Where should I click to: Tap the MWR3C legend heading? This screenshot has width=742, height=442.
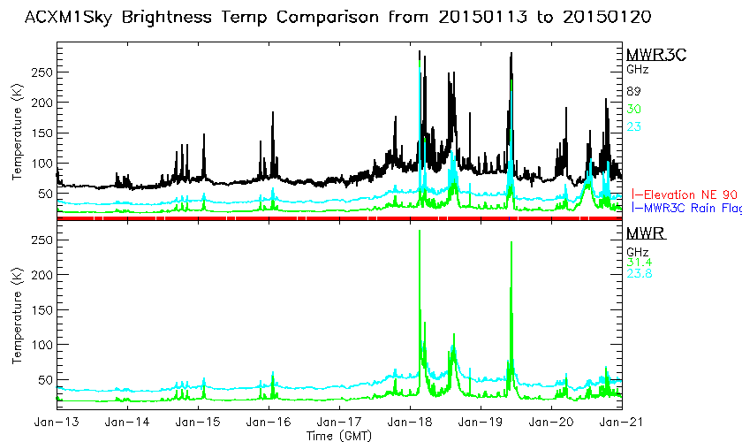pyautogui.click(x=650, y=54)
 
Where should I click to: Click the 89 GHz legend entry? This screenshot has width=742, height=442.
pyautogui.click(x=633, y=91)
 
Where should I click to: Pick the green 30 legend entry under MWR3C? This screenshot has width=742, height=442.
pyautogui.click(x=633, y=109)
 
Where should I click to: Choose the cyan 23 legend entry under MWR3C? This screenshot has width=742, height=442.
pyautogui.click(x=633, y=126)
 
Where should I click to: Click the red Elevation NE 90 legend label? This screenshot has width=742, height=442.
pyautogui.click(x=689, y=194)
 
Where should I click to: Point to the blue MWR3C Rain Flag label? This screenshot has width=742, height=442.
pyautogui.click(x=689, y=209)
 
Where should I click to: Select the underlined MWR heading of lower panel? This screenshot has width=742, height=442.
pyautogui.click(x=645, y=234)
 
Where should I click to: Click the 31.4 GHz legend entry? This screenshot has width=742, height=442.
pyautogui.click(x=638, y=261)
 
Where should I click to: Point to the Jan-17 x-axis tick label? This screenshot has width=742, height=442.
pyautogui.click(x=338, y=422)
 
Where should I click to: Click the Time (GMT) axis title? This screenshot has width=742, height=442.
pyautogui.click(x=339, y=435)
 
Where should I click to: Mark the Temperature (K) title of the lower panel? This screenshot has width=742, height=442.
pyautogui.click(x=17, y=317)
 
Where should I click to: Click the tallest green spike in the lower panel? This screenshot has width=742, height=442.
pyautogui.click(x=419, y=232)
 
